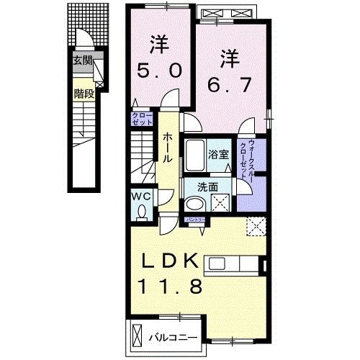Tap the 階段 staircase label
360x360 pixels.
[84, 93]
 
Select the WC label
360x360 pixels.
[140, 196]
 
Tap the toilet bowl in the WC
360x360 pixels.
[142, 212]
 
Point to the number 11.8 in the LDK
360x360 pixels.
[175, 284]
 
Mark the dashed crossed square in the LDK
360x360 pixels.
[256, 228]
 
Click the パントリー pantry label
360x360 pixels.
[196, 219]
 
